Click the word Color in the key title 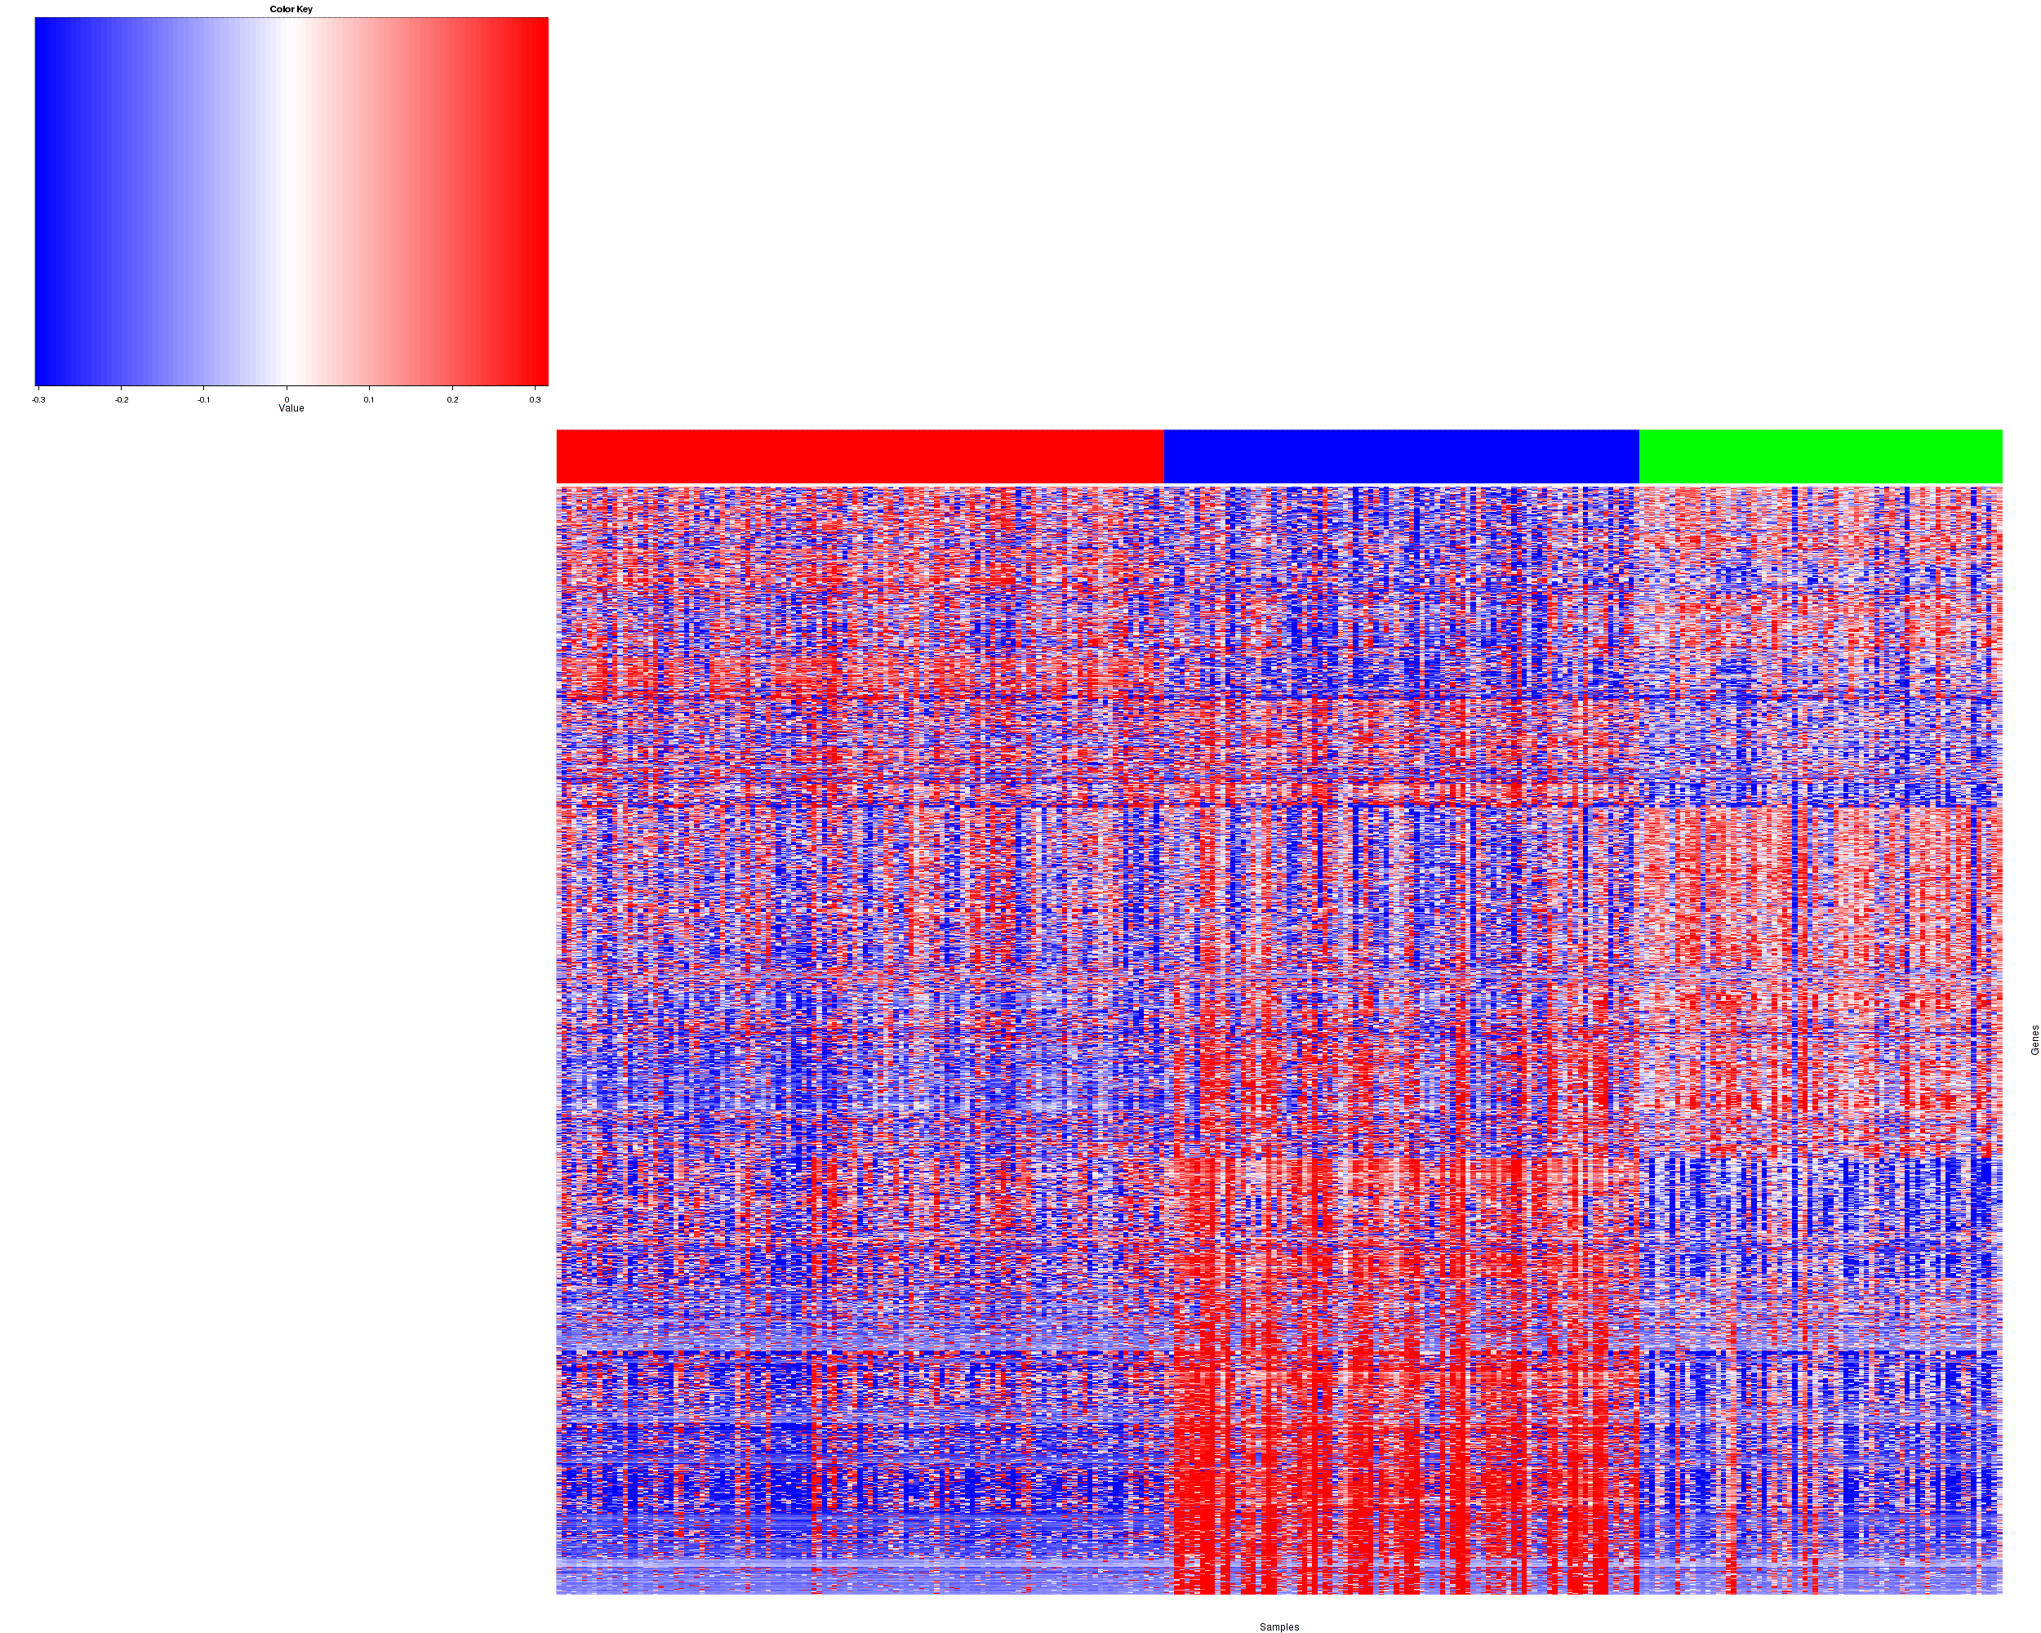click(x=281, y=10)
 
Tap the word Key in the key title click(x=304, y=10)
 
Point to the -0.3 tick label click(x=38, y=399)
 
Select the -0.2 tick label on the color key click(x=121, y=399)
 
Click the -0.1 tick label click(x=203, y=399)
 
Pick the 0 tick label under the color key click(x=287, y=399)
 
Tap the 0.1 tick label click(x=369, y=399)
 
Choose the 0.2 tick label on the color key click(x=452, y=399)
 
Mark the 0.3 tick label click(x=535, y=399)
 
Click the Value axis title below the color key click(x=291, y=409)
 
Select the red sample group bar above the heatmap click(x=860, y=456)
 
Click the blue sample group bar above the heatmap click(x=1401, y=456)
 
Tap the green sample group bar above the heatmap click(x=1820, y=456)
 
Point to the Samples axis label click(x=1279, y=1626)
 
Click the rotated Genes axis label click(x=2034, y=1039)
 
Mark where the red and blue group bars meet click(x=1163, y=456)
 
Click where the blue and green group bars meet click(x=1639, y=456)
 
